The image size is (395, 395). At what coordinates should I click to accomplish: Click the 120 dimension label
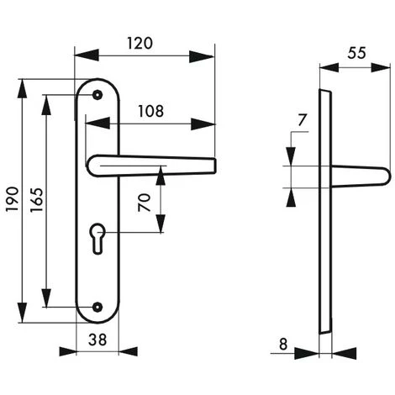point(140,44)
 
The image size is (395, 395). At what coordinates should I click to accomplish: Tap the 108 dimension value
point(151,111)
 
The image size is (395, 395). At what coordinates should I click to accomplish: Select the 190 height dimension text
point(13,199)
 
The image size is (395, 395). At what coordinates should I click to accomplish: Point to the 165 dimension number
point(37,200)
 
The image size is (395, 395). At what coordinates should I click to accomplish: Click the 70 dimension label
point(145,203)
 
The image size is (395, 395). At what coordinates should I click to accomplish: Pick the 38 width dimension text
point(97,340)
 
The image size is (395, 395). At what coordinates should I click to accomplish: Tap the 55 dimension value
point(356,53)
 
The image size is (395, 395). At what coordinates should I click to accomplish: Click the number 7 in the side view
point(302,120)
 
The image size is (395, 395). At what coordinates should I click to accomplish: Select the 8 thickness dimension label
point(283,344)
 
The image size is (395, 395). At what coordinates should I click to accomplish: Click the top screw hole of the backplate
point(97,95)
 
